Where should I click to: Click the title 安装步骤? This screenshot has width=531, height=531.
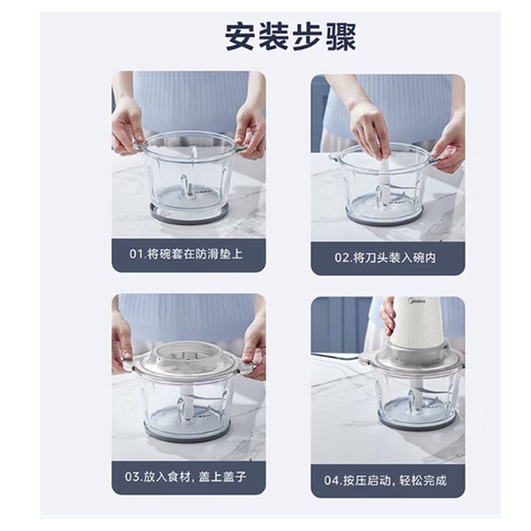click(291, 36)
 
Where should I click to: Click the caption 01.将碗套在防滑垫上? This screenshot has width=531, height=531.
click(186, 254)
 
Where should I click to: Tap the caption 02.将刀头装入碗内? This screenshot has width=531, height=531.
click(385, 258)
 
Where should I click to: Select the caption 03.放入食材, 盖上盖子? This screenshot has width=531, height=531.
click(185, 477)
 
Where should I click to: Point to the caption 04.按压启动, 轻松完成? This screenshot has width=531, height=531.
click(385, 480)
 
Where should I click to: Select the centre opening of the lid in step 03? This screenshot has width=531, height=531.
click(185, 356)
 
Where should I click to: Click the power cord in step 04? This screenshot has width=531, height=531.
click(337, 356)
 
